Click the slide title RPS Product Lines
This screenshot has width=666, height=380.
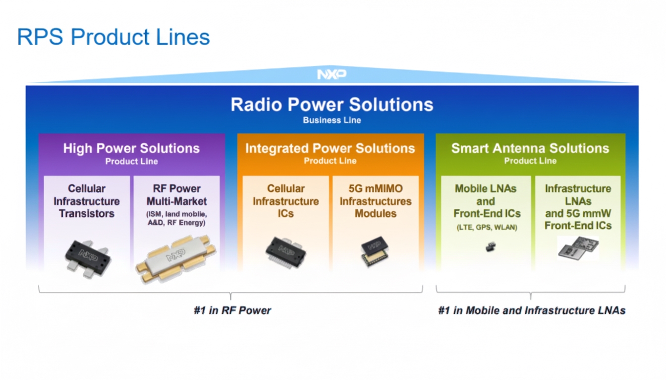(x=113, y=38)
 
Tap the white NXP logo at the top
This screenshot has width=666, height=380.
(x=332, y=75)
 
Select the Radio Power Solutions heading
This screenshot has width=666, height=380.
(x=332, y=104)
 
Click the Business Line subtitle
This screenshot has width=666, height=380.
(x=332, y=120)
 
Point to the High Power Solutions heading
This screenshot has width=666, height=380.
(x=131, y=148)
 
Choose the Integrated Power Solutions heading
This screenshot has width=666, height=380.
(x=330, y=148)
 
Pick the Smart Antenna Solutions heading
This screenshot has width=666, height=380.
(x=530, y=148)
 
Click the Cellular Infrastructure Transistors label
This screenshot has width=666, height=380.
(x=87, y=201)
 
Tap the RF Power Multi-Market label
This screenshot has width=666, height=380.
(x=176, y=195)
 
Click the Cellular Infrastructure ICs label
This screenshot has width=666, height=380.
(x=286, y=201)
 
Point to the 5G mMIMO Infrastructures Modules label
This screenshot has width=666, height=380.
(x=375, y=201)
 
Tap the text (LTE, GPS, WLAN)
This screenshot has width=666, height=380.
(x=486, y=228)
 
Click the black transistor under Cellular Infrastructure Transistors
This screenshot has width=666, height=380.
(x=88, y=256)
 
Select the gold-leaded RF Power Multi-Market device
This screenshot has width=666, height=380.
(x=176, y=258)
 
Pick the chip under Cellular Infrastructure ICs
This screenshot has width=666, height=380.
(x=285, y=252)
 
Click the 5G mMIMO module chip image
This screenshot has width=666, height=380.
(x=375, y=251)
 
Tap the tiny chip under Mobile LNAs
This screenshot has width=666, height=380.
(x=490, y=247)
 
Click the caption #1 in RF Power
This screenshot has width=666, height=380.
(x=232, y=311)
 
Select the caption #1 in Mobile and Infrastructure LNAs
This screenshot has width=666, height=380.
(x=531, y=311)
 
